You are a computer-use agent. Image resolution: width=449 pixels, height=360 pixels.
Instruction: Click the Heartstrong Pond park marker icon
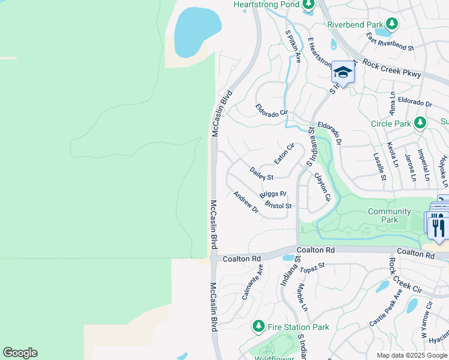pos(309,5)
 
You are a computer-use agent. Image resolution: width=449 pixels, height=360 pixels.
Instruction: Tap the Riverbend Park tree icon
pos(392,24)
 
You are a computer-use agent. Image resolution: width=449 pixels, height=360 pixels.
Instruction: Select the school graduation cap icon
pos(343,73)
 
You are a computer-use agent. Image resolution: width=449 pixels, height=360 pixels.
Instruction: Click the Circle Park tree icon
pos(420,123)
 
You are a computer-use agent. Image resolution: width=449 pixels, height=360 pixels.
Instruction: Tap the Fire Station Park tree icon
pos(259,326)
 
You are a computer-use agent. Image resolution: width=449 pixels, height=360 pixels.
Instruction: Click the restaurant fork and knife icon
pos(439,227)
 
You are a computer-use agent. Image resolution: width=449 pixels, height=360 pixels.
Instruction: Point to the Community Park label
pos(389,215)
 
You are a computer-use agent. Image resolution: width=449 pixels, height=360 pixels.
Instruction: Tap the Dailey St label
pos(261,174)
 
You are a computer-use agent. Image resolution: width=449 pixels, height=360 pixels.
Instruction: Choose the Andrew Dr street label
pos(246,202)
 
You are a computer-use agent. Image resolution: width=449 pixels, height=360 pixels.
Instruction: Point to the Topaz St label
pos(312,268)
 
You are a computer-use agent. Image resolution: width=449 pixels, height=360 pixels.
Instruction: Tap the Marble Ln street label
pos(302,297)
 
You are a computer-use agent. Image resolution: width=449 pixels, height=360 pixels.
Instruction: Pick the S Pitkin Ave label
pos(293,46)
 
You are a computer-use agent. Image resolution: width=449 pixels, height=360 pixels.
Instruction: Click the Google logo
pos(20,353)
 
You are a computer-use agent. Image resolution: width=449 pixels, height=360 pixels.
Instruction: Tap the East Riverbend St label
pos(391,43)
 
